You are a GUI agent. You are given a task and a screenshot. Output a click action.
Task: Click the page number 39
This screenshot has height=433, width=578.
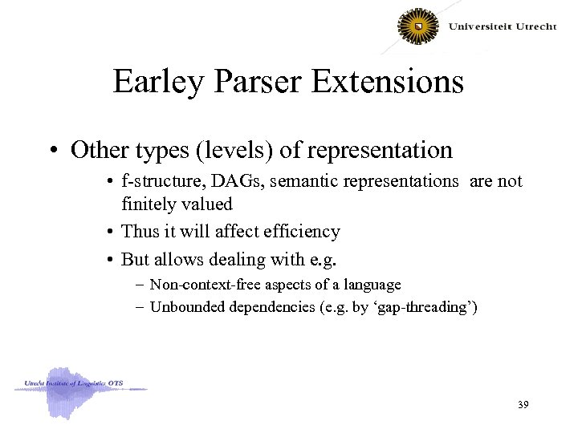523,406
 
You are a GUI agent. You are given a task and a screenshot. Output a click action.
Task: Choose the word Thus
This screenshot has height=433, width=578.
139,232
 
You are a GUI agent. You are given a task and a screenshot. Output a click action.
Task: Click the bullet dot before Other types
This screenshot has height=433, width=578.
57,150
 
